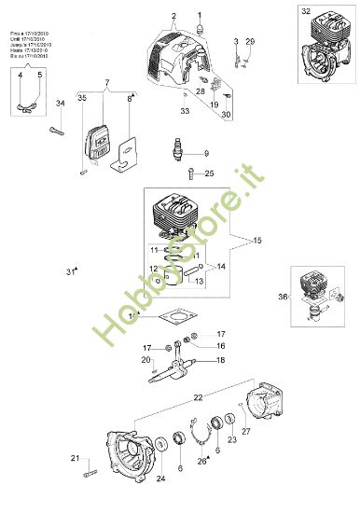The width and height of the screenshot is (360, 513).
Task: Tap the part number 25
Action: point(209,173)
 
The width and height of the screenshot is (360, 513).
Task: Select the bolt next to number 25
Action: point(191,172)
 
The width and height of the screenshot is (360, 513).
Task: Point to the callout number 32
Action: point(306,11)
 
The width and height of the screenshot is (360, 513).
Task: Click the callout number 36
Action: point(283,298)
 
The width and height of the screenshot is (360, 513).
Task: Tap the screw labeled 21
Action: point(90,476)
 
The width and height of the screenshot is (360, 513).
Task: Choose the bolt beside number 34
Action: point(57,132)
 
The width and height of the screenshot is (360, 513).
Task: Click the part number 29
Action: point(249,42)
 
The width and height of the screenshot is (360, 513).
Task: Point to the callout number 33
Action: point(185,111)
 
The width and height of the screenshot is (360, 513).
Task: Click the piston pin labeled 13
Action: point(195,273)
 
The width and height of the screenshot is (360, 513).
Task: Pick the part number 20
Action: point(145,360)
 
